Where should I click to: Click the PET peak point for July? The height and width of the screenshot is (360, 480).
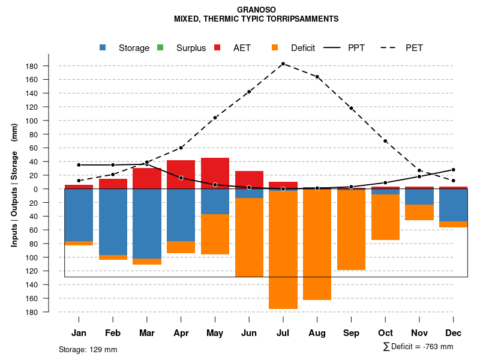pyautogui.click(x=283, y=64)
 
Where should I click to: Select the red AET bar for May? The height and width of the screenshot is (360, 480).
pyautogui.click(x=215, y=173)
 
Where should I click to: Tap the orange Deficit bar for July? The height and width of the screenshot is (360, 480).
pyautogui.click(x=283, y=249)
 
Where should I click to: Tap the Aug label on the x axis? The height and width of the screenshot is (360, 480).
pyautogui.click(x=317, y=333)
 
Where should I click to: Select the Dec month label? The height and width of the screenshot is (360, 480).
pyautogui.click(x=454, y=333)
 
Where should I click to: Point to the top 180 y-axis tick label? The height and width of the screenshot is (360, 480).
pyautogui.click(x=32, y=66)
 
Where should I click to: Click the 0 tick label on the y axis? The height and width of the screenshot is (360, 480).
pyautogui.click(x=36, y=189)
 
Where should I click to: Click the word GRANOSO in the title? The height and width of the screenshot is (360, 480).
pyautogui.click(x=256, y=10)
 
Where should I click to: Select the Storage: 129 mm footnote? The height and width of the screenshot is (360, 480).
pyautogui.click(x=88, y=349)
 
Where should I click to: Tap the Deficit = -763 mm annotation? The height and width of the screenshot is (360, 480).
pyautogui.click(x=418, y=347)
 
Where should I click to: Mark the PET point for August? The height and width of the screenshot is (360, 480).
pyautogui.click(x=317, y=77)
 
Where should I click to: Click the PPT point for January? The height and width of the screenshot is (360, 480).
pyautogui.click(x=79, y=165)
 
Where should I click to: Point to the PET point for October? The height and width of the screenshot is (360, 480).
pyautogui.click(x=385, y=141)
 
